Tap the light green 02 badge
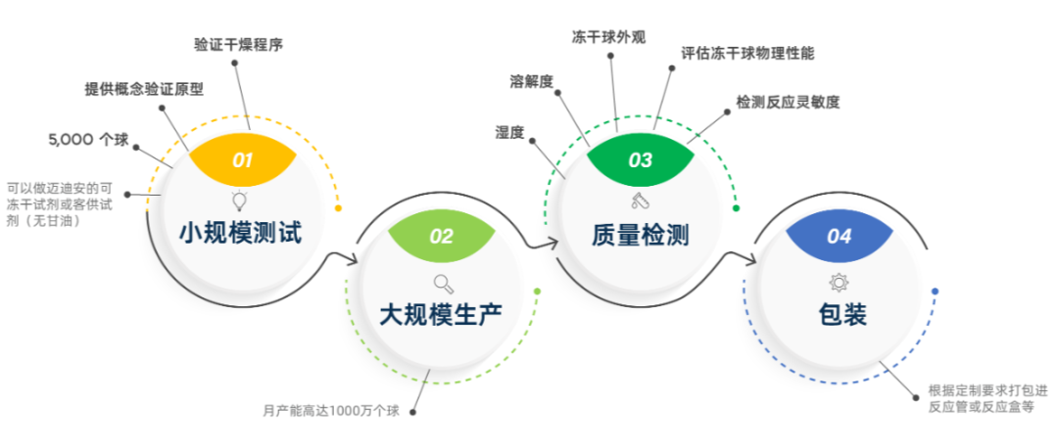coord(442,235)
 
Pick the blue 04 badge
coord(840,235)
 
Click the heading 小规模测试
coord(240,233)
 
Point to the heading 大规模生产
coord(441,314)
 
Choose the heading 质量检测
coord(640,234)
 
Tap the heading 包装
coord(840,314)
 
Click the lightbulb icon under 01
coord(240,200)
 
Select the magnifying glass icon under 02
coord(442,283)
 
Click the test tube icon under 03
coord(640,201)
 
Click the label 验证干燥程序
coord(238,45)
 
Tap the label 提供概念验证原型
coord(144,89)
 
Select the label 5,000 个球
coord(88,140)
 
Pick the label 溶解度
coord(531,81)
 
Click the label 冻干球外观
coord(608,37)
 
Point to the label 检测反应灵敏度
coord(788,103)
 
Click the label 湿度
coord(509,132)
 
